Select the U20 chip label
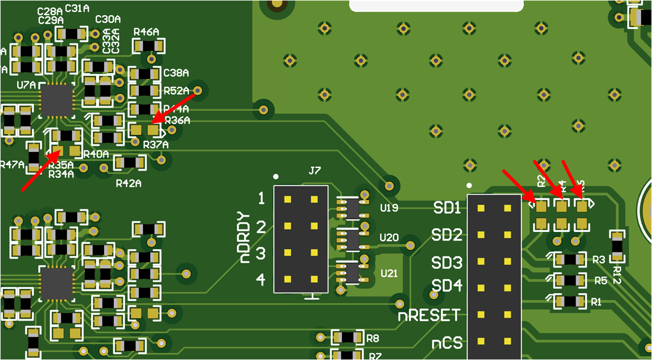(389, 237)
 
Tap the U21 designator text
(389, 273)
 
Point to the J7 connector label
(315, 171)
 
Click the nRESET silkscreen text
(429, 315)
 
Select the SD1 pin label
(447, 207)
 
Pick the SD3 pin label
(447, 263)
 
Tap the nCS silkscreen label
(447, 343)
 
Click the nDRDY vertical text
(246, 237)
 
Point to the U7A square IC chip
(56, 100)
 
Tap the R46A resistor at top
(148, 46)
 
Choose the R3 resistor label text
(599, 260)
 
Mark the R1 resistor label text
(596, 302)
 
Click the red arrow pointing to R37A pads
(174, 106)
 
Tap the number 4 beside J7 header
(260, 280)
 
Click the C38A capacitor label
(176, 73)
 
